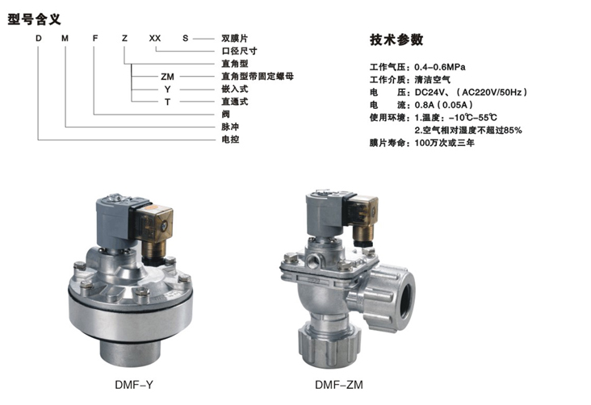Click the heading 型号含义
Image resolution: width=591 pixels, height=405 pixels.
pyautogui.click(x=34, y=19)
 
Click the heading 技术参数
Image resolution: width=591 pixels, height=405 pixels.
pyautogui.click(x=396, y=40)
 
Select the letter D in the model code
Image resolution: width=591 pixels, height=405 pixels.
pyautogui.click(x=39, y=38)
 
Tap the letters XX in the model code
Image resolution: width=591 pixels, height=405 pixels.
pyautogui.click(x=155, y=38)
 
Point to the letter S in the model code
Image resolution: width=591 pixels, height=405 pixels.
pyautogui.click(x=185, y=38)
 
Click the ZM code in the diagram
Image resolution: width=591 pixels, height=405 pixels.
pyautogui.click(x=167, y=77)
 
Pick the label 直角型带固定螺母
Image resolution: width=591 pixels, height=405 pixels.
pyautogui.click(x=257, y=76)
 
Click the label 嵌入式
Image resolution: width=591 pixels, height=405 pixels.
pyautogui.click(x=234, y=89)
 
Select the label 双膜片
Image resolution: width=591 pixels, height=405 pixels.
pyautogui.click(x=234, y=38)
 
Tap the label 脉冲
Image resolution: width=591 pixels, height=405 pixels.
pyautogui.click(x=230, y=127)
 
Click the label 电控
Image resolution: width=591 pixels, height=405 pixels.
pyautogui.click(x=230, y=140)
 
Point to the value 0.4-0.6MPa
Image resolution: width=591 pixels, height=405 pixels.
pyautogui.click(x=440, y=67)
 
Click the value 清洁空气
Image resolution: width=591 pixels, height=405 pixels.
pyautogui.click(x=432, y=80)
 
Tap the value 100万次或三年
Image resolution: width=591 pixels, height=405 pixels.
pyautogui.click(x=444, y=143)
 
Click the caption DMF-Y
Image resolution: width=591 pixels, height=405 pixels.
pyautogui.click(x=134, y=385)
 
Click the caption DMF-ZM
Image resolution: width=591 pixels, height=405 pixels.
pyautogui.click(x=339, y=385)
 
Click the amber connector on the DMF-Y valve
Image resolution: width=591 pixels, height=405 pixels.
pyautogui.click(x=153, y=223)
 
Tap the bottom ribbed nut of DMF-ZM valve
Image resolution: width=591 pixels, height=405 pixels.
pyautogui.click(x=329, y=347)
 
